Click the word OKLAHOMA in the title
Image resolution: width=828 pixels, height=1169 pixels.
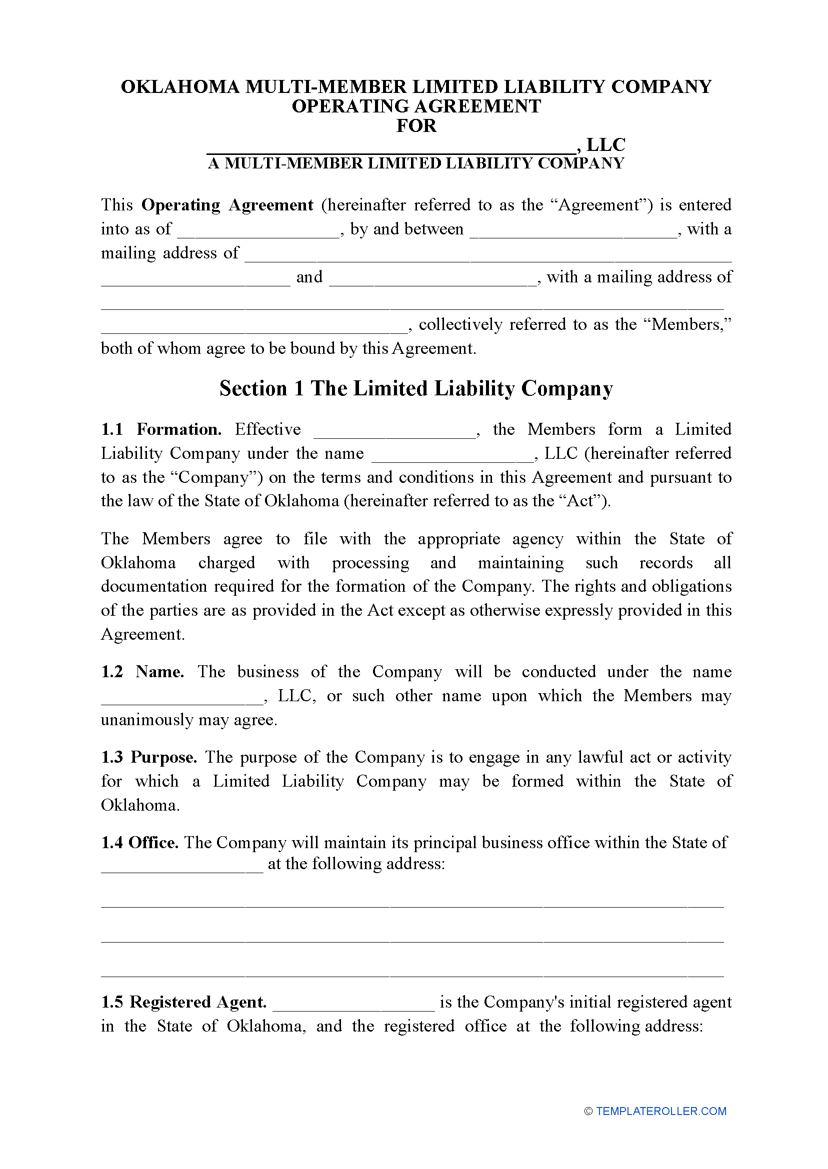[x=180, y=87]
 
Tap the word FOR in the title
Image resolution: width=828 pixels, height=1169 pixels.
[x=416, y=126]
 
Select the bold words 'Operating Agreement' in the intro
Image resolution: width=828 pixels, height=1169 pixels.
[x=227, y=205]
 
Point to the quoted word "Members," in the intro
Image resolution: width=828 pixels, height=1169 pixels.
[x=691, y=324]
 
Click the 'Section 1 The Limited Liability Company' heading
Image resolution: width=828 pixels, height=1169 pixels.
[x=416, y=389]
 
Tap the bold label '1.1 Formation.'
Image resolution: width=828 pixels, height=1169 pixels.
[x=161, y=430]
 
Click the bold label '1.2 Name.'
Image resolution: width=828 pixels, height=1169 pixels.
[x=142, y=672]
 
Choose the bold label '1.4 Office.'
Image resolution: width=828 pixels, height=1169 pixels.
[x=139, y=842]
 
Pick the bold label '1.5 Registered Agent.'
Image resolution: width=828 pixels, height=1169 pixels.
[x=183, y=1002]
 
